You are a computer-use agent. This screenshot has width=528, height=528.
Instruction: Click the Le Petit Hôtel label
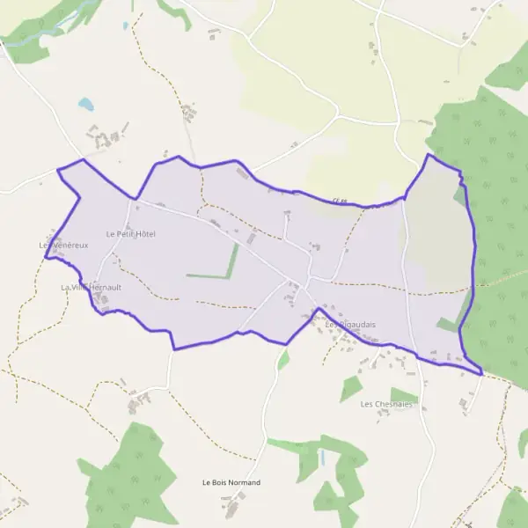[130, 234]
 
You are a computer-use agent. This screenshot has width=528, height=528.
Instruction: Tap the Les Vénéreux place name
[64, 245]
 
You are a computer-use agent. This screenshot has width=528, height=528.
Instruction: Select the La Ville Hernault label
[91, 288]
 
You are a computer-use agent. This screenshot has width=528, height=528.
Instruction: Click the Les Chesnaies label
[386, 405]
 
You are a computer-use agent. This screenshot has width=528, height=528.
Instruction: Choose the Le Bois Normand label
[231, 483]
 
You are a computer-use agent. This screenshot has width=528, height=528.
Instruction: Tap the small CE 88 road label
[341, 202]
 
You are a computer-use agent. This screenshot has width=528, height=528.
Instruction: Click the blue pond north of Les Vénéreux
[85, 104]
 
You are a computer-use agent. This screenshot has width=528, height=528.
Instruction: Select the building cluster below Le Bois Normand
[232, 507]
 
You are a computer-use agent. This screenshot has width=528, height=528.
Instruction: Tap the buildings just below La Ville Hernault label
[103, 301]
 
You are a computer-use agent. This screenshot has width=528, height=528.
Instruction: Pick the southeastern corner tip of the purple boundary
[481, 375]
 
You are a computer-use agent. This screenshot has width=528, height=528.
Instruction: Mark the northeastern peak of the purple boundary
[429, 155]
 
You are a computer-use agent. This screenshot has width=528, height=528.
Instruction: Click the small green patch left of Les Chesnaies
[351, 387]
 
